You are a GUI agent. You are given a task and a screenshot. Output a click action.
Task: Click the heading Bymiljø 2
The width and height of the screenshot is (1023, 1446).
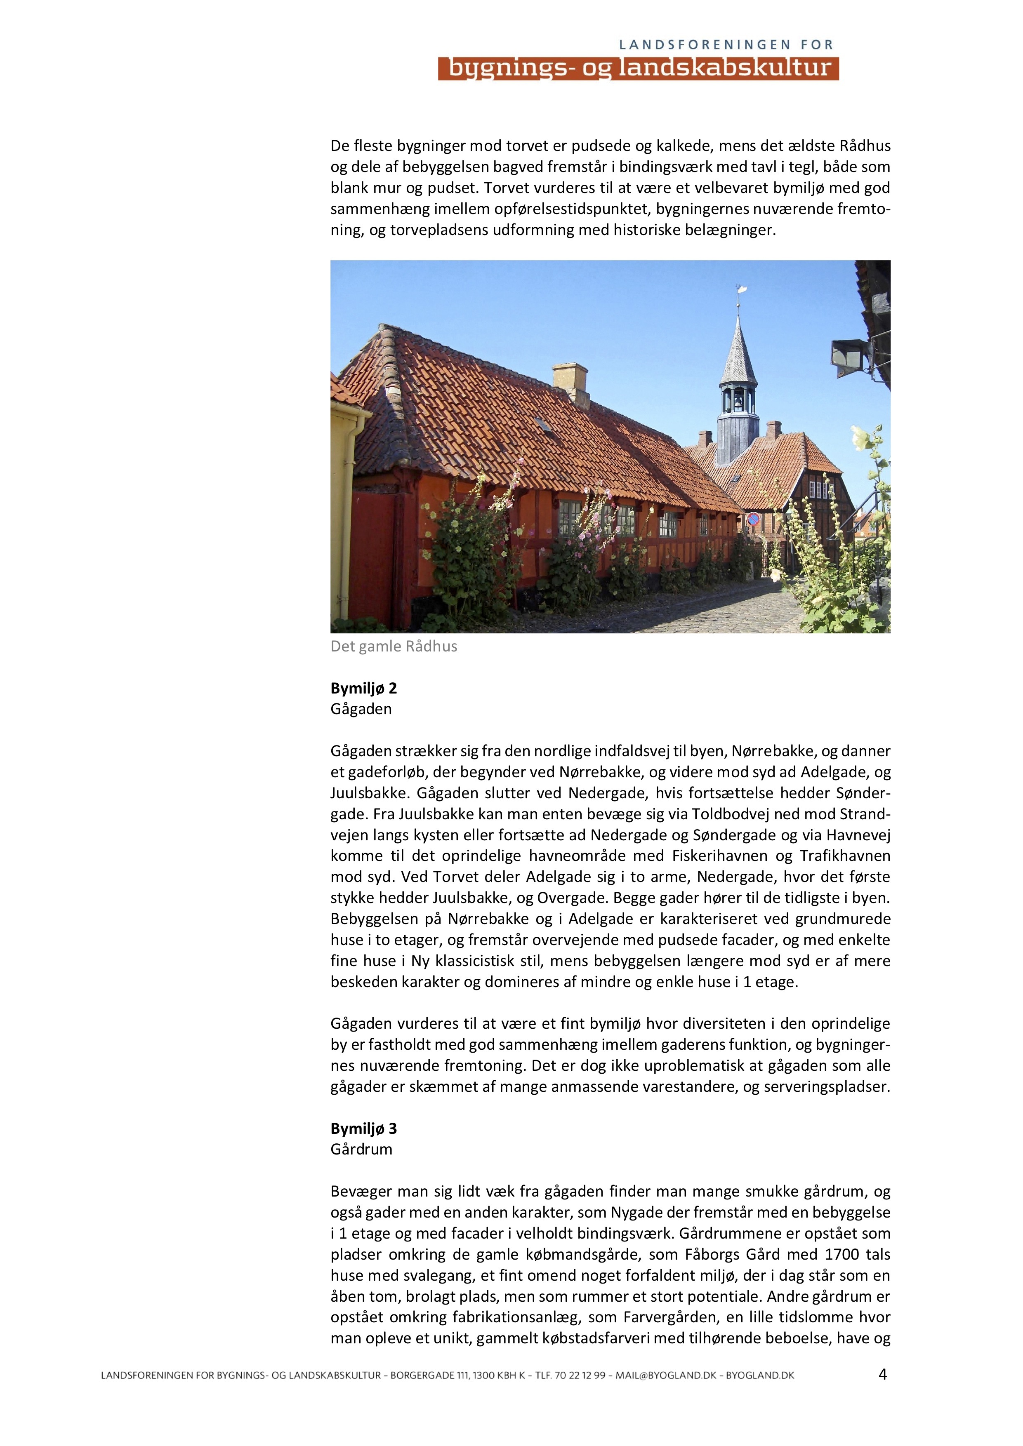(363, 688)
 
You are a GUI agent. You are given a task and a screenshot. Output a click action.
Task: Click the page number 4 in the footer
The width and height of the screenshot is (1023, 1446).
(882, 1374)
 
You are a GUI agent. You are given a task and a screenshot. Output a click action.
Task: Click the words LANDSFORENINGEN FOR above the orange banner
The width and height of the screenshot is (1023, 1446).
(726, 45)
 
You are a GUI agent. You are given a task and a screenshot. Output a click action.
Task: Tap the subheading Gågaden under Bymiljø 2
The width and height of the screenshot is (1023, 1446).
(361, 709)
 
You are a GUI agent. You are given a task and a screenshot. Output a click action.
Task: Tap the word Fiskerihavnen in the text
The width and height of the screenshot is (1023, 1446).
(720, 856)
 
